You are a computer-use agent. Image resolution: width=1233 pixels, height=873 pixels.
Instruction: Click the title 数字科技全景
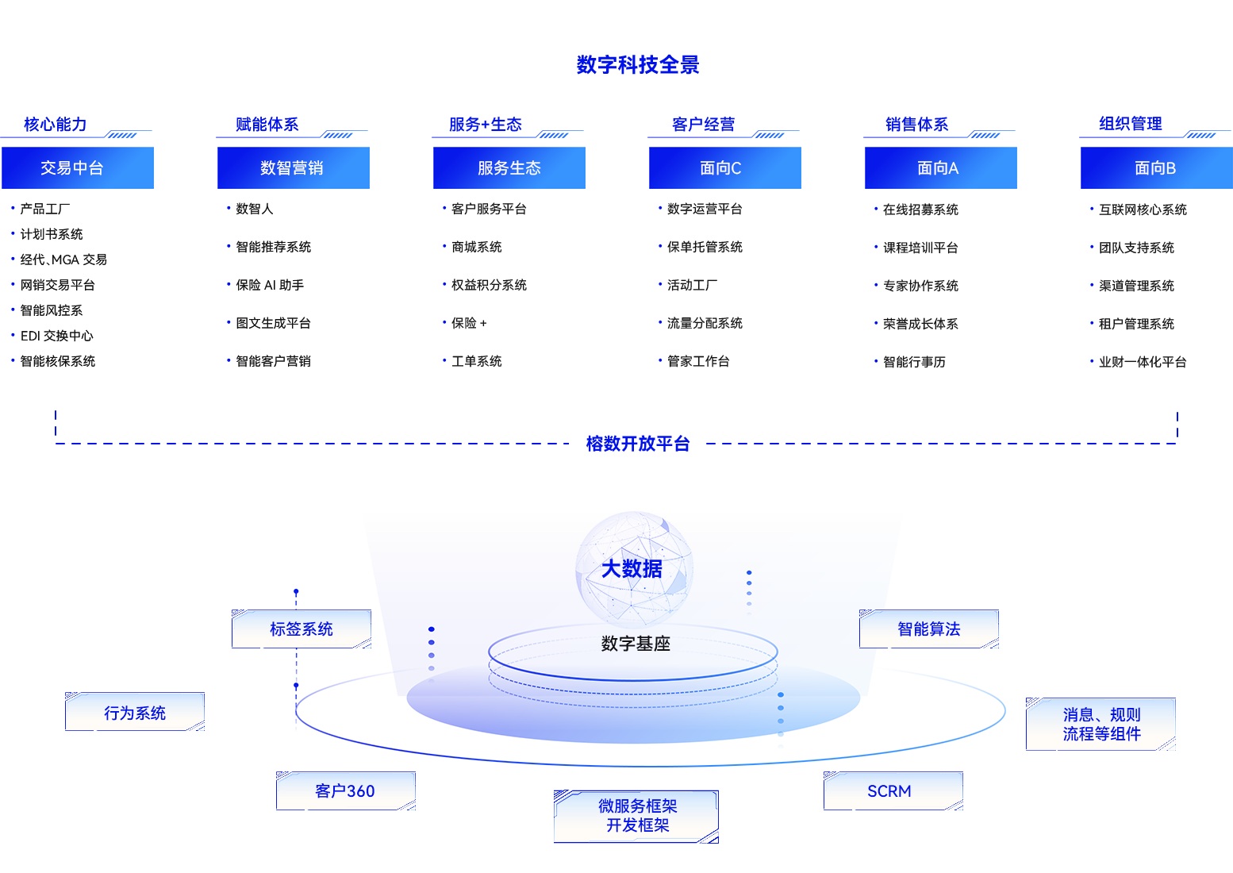(x=637, y=65)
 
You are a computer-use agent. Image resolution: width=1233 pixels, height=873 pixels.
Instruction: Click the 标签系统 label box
(x=302, y=629)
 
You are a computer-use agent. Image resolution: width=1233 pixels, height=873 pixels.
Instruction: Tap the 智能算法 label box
(x=929, y=629)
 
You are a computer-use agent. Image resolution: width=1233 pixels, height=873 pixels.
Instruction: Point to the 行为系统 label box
(x=135, y=712)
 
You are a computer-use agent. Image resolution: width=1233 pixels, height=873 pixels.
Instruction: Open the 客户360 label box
(x=346, y=791)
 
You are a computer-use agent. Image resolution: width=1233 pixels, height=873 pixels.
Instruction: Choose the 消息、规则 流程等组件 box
(x=1101, y=725)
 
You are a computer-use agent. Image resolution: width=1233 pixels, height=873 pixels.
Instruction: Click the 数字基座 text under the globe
(x=636, y=644)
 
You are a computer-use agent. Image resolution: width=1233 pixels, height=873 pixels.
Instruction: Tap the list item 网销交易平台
(x=58, y=285)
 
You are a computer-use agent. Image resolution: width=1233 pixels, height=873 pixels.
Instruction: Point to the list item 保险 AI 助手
(x=270, y=285)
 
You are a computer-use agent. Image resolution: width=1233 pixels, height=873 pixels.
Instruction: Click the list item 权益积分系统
(x=489, y=285)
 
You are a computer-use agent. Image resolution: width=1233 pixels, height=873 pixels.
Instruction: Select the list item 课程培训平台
(x=920, y=248)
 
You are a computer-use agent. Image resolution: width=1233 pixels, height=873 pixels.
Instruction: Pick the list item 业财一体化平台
(x=1143, y=362)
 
